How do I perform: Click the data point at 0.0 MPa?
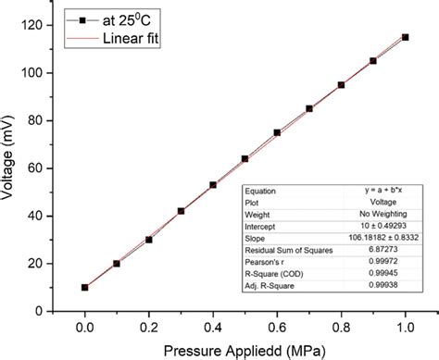(x=85, y=288)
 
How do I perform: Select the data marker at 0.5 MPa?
(x=245, y=159)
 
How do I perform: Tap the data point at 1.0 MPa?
(x=405, y=37)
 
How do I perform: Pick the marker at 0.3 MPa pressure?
(x=182, y=211)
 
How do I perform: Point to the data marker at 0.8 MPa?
(x=341, y=85)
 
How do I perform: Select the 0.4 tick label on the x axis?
(x=213, y=325)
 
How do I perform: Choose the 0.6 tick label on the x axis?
(x=277, y=325)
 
